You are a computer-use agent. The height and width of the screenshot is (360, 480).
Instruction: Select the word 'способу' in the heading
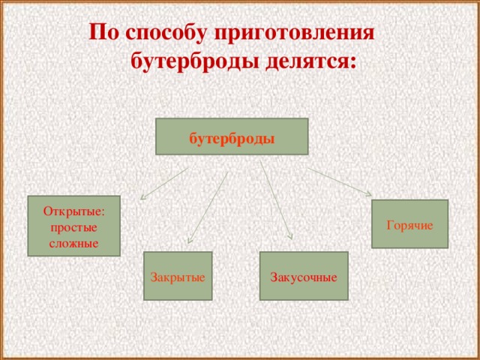[x=163, y=34]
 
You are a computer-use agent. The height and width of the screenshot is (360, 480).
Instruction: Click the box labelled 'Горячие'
[x=409, y=224]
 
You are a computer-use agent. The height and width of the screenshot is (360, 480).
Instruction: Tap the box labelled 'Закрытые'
[x=178, y=276]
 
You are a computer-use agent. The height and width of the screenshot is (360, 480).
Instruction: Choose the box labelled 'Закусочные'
[x=304, y=276]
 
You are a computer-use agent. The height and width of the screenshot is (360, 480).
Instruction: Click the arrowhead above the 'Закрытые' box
[x=190, y=240]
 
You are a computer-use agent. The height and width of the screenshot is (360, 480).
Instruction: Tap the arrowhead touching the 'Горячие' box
[x=367, y=194]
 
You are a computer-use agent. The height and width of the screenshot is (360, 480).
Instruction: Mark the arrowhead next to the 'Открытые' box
[x=143, y=199]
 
